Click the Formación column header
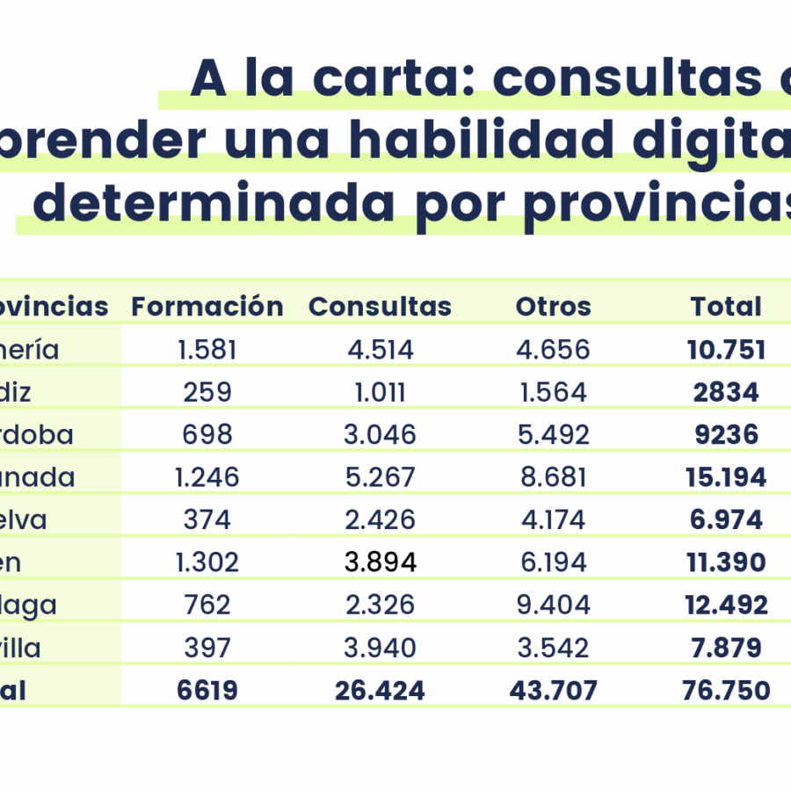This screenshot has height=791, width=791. [207, 307]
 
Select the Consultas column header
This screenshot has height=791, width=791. [380, 307]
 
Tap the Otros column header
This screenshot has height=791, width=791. [554, 307]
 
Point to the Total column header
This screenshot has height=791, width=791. [726, 307]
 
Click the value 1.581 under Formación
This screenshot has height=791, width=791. [207, 350]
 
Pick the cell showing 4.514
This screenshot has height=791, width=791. [380, 350]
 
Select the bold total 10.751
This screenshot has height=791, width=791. [726, 350]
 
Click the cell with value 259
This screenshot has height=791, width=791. [207, 392]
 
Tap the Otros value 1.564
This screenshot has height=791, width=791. [554, 392]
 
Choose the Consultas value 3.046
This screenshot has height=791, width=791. [380, 434]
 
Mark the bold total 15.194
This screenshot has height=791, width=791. [726, 477]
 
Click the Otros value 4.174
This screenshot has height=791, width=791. [554, 519]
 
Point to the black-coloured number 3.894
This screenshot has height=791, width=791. [380, 562]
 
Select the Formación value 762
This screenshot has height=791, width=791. [207, 605]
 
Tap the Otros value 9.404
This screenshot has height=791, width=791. [554, 605]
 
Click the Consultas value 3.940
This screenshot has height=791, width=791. [380, 648]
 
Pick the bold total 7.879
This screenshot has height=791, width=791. [726, 648]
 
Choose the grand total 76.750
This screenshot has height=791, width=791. [726, 691]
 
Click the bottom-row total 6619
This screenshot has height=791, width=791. [207, 691]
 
